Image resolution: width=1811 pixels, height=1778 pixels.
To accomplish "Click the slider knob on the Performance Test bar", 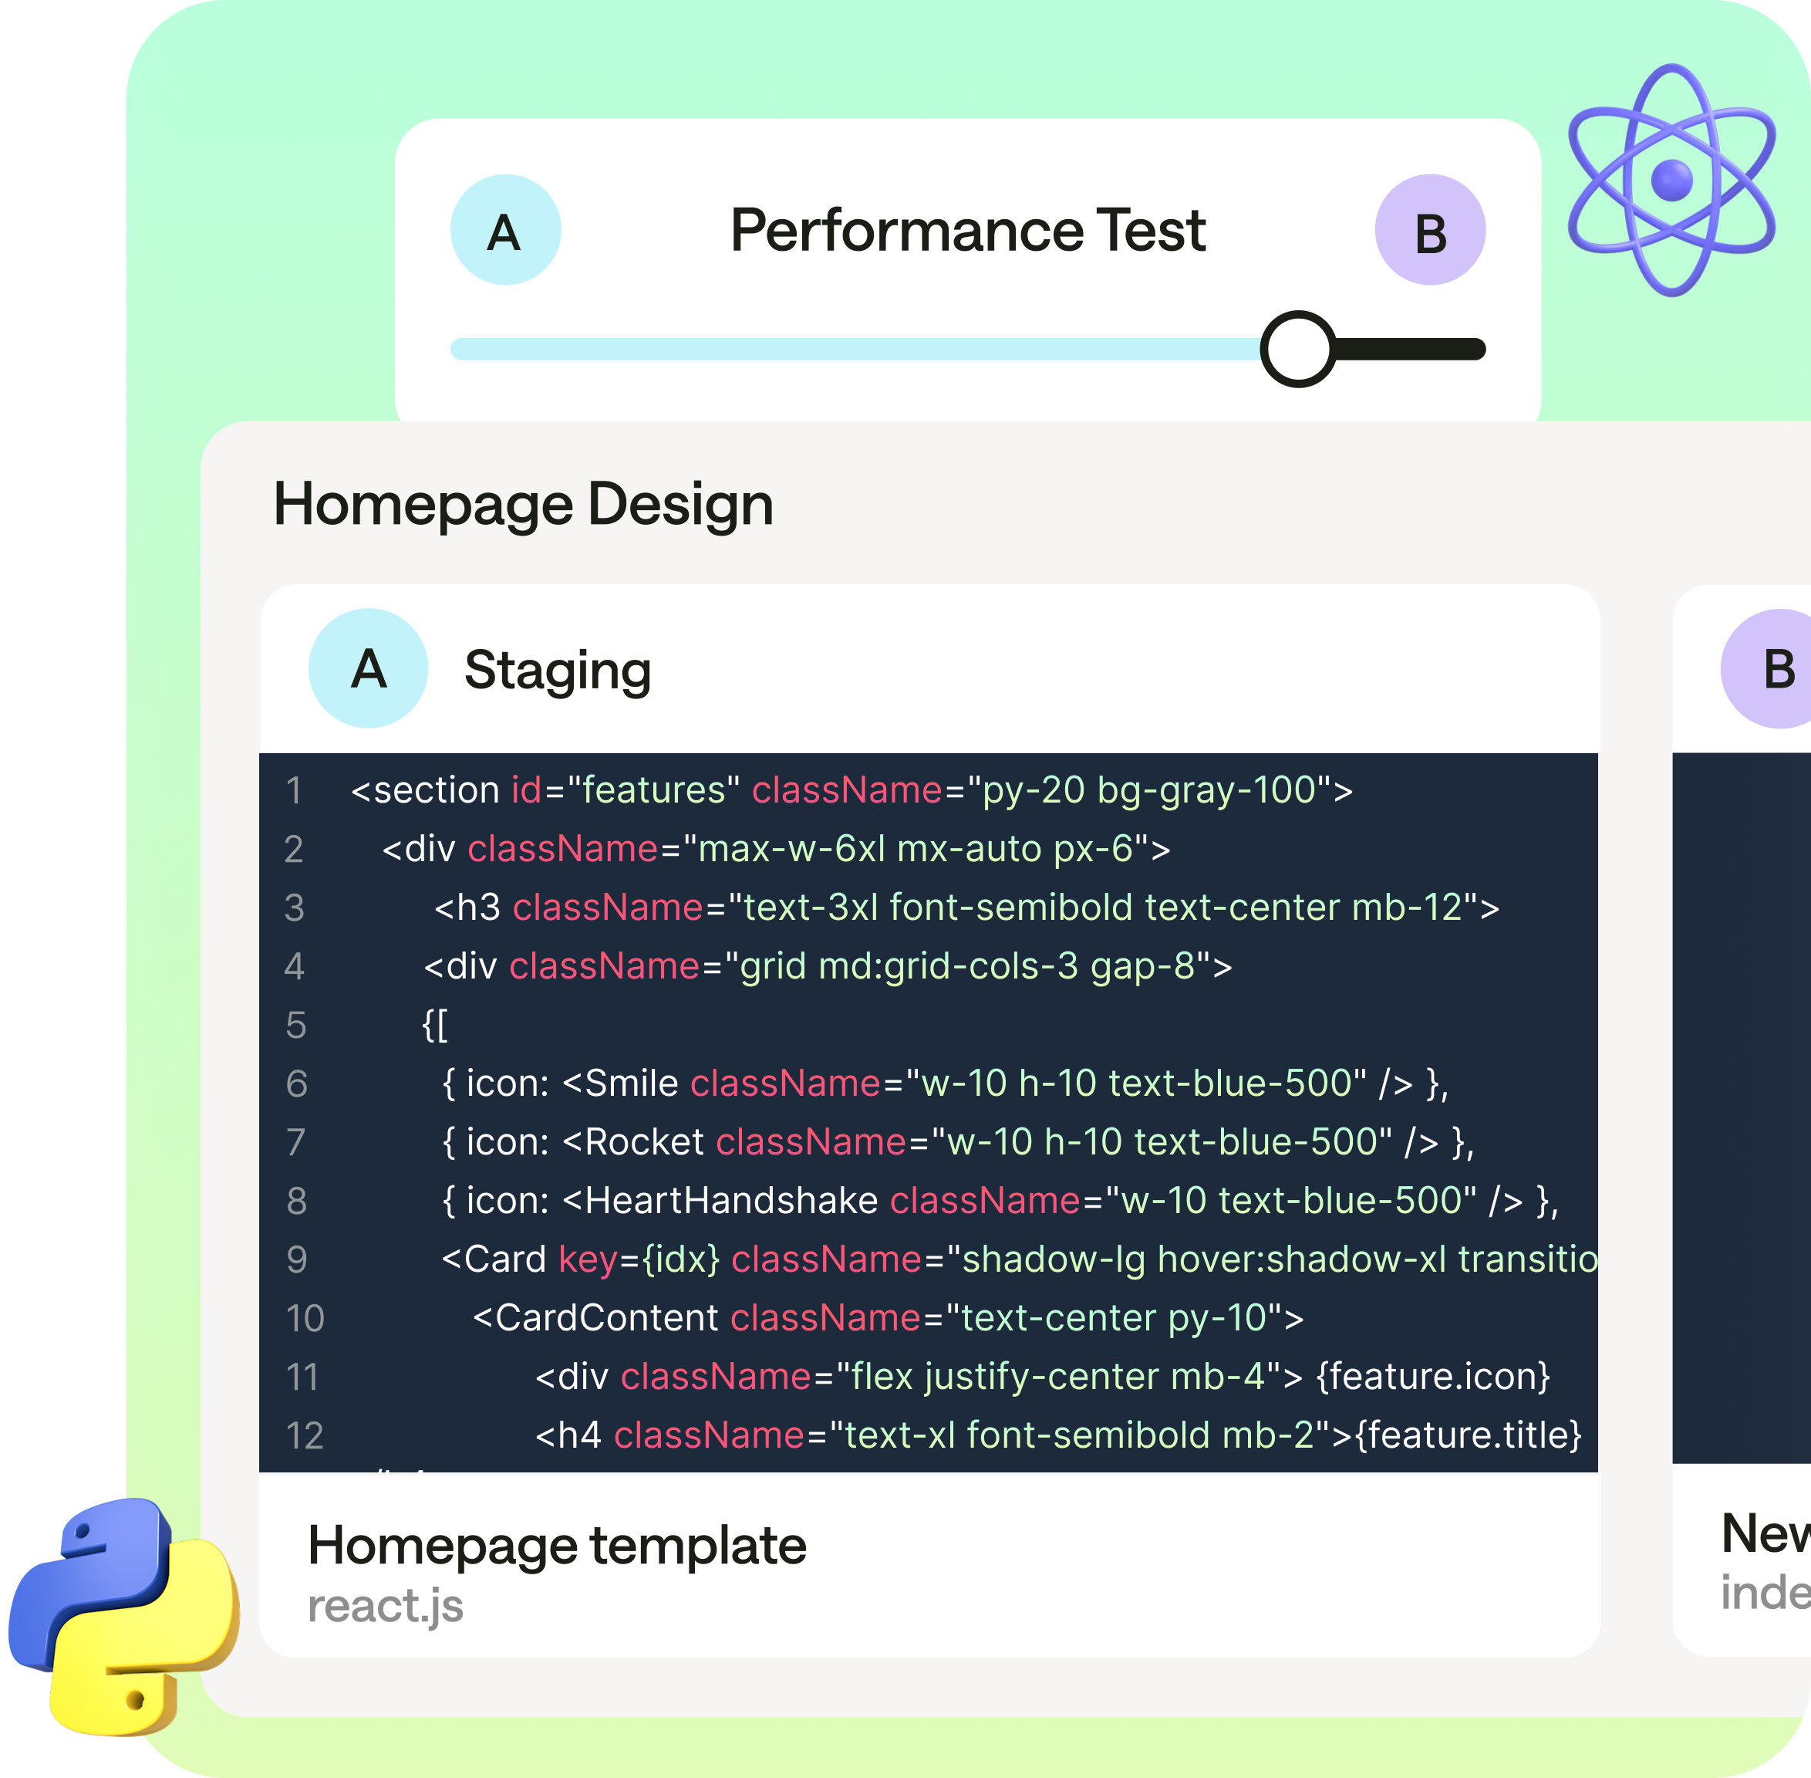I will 1297,350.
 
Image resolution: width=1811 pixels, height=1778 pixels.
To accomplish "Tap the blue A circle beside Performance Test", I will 505,230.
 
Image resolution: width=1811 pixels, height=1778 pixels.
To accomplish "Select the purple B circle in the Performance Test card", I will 1429,230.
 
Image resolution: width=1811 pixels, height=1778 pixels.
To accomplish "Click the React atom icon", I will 1671,181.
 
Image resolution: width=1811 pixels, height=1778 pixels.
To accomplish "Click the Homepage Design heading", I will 523,504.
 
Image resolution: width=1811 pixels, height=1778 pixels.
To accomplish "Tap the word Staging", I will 558,671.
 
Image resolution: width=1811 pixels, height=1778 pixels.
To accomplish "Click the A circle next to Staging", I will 368,668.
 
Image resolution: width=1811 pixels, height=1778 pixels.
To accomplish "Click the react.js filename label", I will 385,1606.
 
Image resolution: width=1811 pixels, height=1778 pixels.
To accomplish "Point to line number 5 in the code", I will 296,1026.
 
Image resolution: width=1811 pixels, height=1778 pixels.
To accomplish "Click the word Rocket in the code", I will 644,1142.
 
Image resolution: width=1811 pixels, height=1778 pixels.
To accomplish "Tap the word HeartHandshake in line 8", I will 731,1201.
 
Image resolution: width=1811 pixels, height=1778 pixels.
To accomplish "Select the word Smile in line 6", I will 632,1083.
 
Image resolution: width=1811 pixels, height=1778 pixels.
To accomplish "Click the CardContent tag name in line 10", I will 607,1317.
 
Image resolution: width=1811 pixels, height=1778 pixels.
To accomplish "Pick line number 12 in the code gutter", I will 305,1435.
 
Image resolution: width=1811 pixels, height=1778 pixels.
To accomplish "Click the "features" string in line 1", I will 653,791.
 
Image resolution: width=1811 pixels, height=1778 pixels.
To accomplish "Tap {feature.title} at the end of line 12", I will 1469,1435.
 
